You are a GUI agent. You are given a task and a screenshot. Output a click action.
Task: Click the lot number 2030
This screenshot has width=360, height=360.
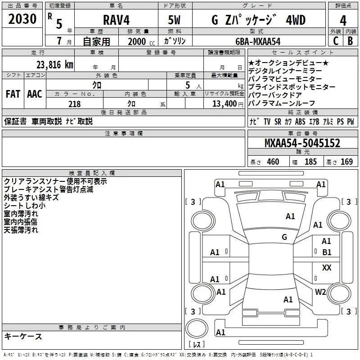pyautogui.click(x=22, y=19)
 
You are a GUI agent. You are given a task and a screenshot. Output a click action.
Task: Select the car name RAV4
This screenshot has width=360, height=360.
pyautogui.click(x=116, y=20)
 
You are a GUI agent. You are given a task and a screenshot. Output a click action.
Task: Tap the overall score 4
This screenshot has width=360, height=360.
pyautogui.click(x=343, y=21)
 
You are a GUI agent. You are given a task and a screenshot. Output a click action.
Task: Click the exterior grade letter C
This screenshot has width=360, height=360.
pyautogui.click(x=336, y=41)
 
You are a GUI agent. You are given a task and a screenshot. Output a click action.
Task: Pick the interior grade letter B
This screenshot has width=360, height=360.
pyautogui.click(x=350, y=41)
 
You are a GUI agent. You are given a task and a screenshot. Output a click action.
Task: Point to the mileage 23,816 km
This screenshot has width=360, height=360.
pyautogui.click(x=54, y=65)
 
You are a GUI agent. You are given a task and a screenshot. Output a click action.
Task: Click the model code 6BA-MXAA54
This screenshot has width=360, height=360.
pyautogui.click(x=258, y=41)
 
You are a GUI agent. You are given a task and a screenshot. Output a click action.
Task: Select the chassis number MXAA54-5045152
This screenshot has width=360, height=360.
pyautogui.click(x=302, y=143)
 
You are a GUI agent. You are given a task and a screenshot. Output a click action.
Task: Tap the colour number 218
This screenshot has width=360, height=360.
pyautogui.click(x=74, y=104)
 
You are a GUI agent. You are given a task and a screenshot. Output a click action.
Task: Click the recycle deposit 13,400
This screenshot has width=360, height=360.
pyautogui.click(x=224, y=104)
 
